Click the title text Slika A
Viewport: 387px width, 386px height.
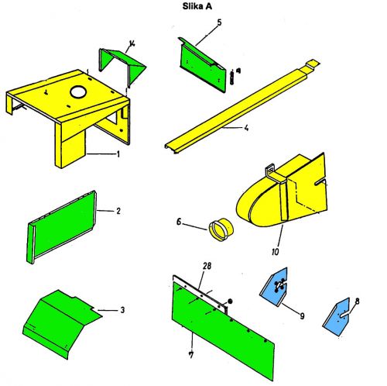[x=197, y=6]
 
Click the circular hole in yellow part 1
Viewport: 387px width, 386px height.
[x=79, y=91]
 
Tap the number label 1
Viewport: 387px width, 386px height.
[x=118, y=154]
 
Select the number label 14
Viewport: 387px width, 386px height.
[x=132, y=43]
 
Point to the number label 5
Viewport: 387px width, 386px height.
[x=219, y=22]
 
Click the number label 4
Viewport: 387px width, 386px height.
[x=247, y=128]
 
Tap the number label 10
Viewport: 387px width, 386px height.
[x=276, y=252]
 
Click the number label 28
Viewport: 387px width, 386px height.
[x=207, y=266]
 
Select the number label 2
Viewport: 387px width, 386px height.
[x=118, y=211]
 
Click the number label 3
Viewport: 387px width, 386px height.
[x=122, y=310]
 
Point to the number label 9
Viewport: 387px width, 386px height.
[x=302, y=315]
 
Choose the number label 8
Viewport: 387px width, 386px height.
[x=358, y=302]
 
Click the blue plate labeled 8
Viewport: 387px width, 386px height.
[x=337, y=319]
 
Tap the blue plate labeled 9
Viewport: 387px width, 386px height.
[x=274, y=287]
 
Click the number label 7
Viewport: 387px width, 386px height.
[x=191, y=355]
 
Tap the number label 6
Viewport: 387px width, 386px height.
[x=179, y=222]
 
